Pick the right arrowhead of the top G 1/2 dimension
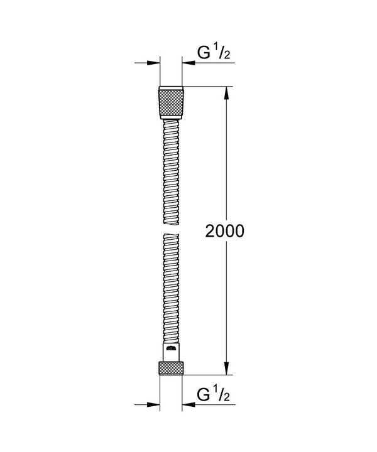[187, 63]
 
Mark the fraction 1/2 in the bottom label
[224, 397]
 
